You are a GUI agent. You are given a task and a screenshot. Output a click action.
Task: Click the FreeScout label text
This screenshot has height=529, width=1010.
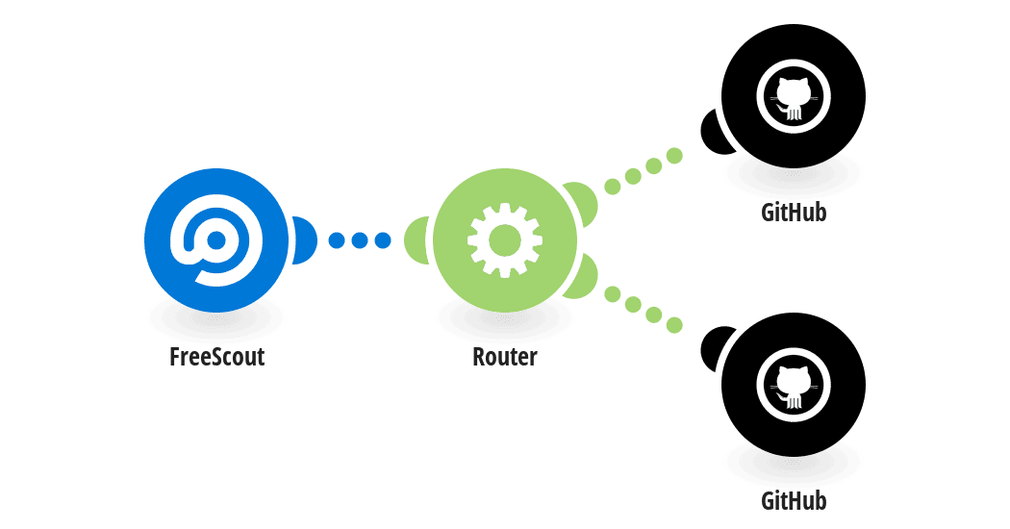click(x=217, y=356)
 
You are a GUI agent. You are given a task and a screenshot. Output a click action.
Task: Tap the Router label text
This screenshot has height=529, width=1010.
click(x=505, y=356)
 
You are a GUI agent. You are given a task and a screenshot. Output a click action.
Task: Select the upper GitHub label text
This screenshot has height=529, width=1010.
click(x=794, y=212)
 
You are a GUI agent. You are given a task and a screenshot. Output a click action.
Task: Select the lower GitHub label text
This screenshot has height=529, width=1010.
click(x=794, y=501)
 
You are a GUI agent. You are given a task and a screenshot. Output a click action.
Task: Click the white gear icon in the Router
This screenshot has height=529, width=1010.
click(x=505, y=240)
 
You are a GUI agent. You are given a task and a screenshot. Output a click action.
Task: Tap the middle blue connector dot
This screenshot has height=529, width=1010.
click(x=360, y=240)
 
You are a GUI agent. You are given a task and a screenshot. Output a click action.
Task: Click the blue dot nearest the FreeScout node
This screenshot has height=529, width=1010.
click(x=337, y=240)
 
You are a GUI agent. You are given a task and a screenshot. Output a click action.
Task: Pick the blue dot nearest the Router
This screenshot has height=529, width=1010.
click(x=383, y=240)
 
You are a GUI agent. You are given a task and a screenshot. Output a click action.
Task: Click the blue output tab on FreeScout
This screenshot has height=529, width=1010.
click(x=305, y=240)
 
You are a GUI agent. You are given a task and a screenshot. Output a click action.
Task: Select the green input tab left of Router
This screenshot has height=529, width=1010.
click(x=417, y=240)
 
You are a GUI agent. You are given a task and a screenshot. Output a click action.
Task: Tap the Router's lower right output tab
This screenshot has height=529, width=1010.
click(x=582, y=277)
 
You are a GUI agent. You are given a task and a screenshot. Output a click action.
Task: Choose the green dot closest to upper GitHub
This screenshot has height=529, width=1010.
click(x=674, y=155)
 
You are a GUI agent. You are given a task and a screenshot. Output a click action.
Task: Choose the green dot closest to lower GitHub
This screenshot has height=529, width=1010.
click(x=674, y=325)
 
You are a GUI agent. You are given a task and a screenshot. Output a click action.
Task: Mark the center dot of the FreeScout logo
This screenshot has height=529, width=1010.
click(x=216, y=240)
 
